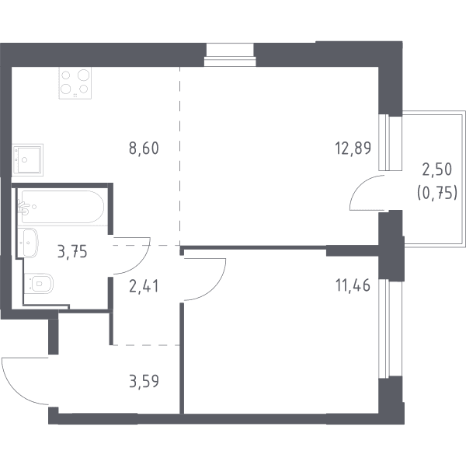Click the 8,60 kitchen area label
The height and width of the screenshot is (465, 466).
(144, 149)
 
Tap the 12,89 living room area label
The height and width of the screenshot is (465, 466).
(353, 149)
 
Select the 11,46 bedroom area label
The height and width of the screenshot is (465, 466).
(353, 285)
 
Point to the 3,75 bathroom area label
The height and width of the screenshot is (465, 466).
(72, 252)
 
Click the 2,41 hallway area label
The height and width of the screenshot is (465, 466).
(144, 286)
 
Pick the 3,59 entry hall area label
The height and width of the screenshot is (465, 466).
(144, 381)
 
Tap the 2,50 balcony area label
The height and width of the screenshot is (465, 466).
(436, 170)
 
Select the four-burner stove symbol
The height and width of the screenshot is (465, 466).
(75, 82)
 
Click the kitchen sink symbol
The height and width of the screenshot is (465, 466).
(27, 159)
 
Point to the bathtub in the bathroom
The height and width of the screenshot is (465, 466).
(63, 207)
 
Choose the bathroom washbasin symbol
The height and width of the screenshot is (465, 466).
(28, 243)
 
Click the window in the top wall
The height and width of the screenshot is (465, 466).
(230, 55)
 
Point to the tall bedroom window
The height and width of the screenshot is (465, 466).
(390, 329)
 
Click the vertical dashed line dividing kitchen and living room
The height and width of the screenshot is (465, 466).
(180, 156)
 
